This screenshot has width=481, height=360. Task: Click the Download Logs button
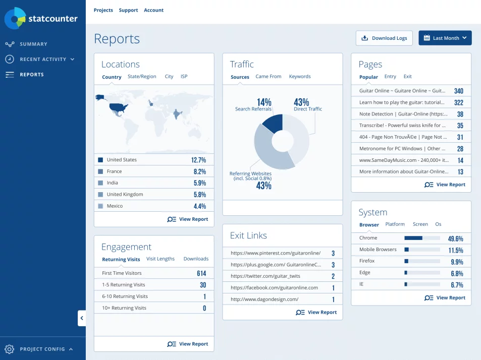[x=385, y=38]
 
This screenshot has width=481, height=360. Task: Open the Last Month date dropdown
[x=445, y=38]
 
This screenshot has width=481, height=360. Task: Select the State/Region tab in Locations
[x=142, y=77]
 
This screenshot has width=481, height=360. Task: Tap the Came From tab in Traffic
[x=268, y=77]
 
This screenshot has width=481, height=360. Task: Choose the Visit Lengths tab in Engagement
[x=161, y=259]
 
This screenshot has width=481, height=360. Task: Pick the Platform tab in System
[x=395, y=224]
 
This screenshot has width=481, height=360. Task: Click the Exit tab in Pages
[x=407, y=77]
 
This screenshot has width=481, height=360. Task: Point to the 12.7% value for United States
[x=198, y=160]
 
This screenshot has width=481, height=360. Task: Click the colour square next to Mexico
[x=100, y=206]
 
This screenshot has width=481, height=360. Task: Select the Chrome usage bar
[x=422, y=238]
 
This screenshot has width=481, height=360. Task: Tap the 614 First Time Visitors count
[x=201, y=273]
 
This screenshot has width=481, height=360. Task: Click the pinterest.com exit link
[x=275, y=253]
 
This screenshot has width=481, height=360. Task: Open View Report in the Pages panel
[x=445, y=185]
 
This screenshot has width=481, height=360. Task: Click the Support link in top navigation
[x=128, y=10]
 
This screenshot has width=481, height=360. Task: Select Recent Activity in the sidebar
[x=43, y=59]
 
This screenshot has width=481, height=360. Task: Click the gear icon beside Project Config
[x=9, y=349]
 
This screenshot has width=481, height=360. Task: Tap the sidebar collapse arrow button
[x=82, y=318]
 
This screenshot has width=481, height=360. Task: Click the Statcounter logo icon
[x=15, y=18]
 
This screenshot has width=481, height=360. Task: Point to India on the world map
[x=177, y=114]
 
